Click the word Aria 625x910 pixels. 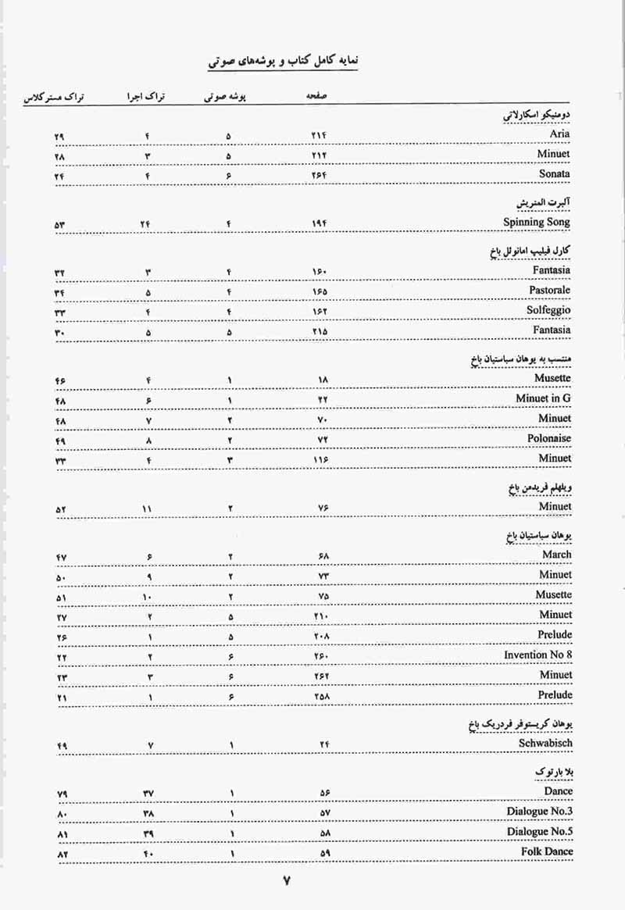pos(559,134)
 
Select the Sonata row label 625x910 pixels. pos(554,173)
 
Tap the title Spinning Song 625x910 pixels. pos(537,222)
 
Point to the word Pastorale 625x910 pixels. pos(549,290)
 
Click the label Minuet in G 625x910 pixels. pos(543,398)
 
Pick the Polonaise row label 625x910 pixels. pos(549,438)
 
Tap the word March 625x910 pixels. pos(556,555)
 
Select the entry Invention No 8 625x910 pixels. pos(537,655)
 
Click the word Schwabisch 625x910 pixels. pos(545,743)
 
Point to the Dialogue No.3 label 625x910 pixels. pos(539,812)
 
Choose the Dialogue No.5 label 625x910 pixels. pos(539,831)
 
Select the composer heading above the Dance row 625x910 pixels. pos(552,771)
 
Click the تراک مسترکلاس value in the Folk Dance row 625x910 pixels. pos(62,854)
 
